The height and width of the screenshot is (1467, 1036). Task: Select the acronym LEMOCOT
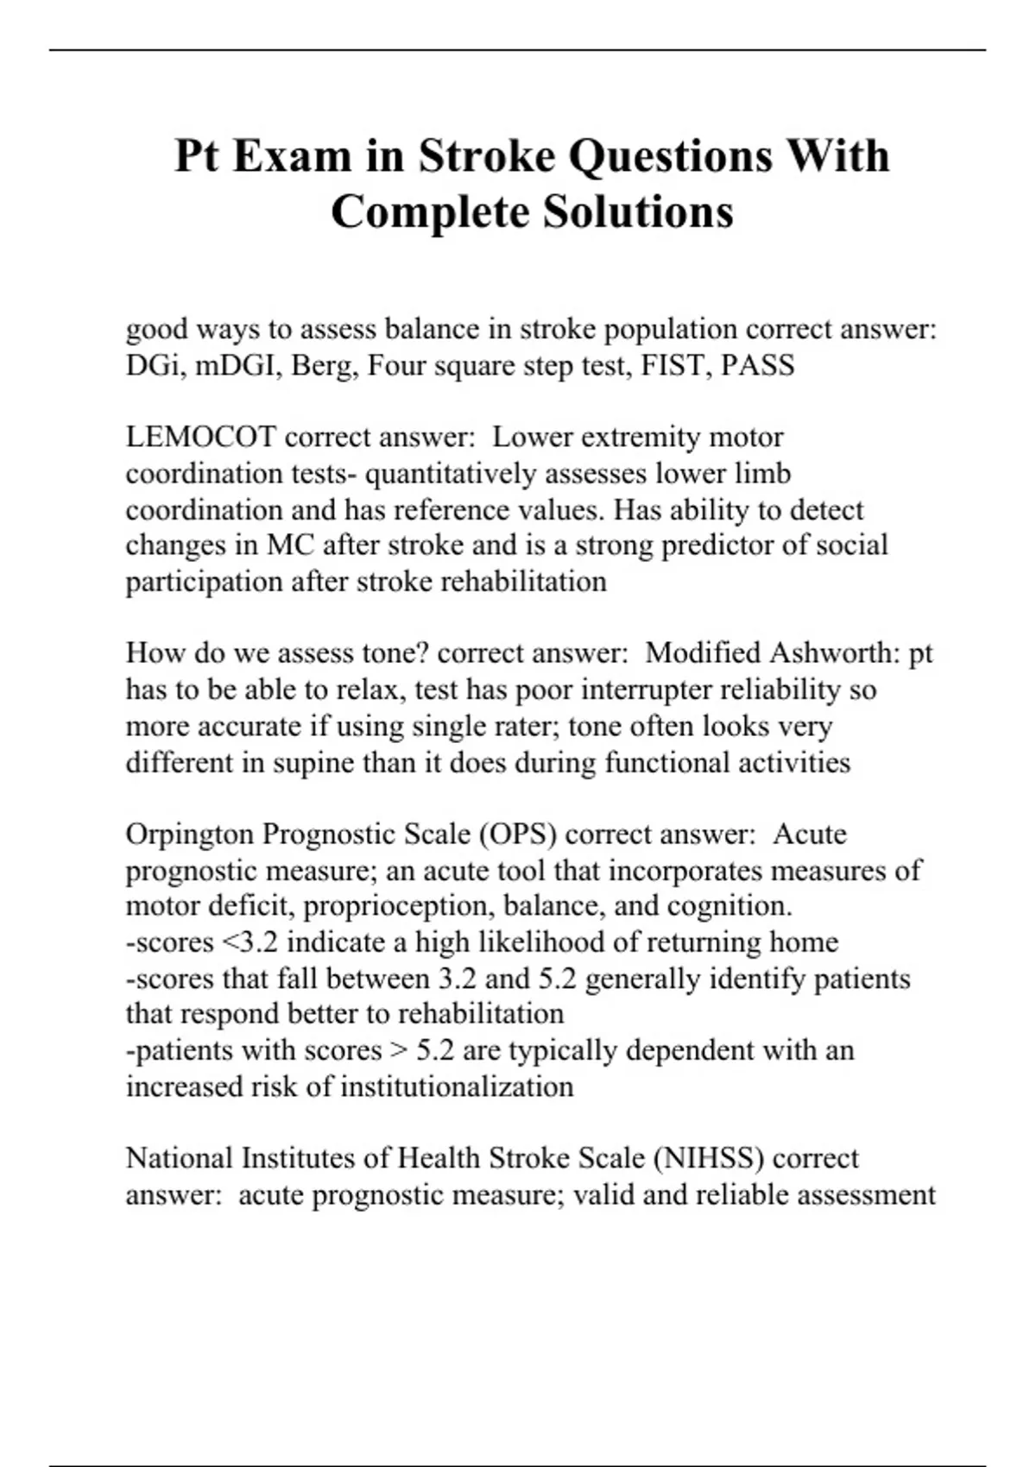[200, 438]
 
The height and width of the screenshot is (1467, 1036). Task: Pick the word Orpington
[189, 834]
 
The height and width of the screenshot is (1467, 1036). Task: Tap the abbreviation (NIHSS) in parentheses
[709, 1158]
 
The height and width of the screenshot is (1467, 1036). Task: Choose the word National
[180, 1158]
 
